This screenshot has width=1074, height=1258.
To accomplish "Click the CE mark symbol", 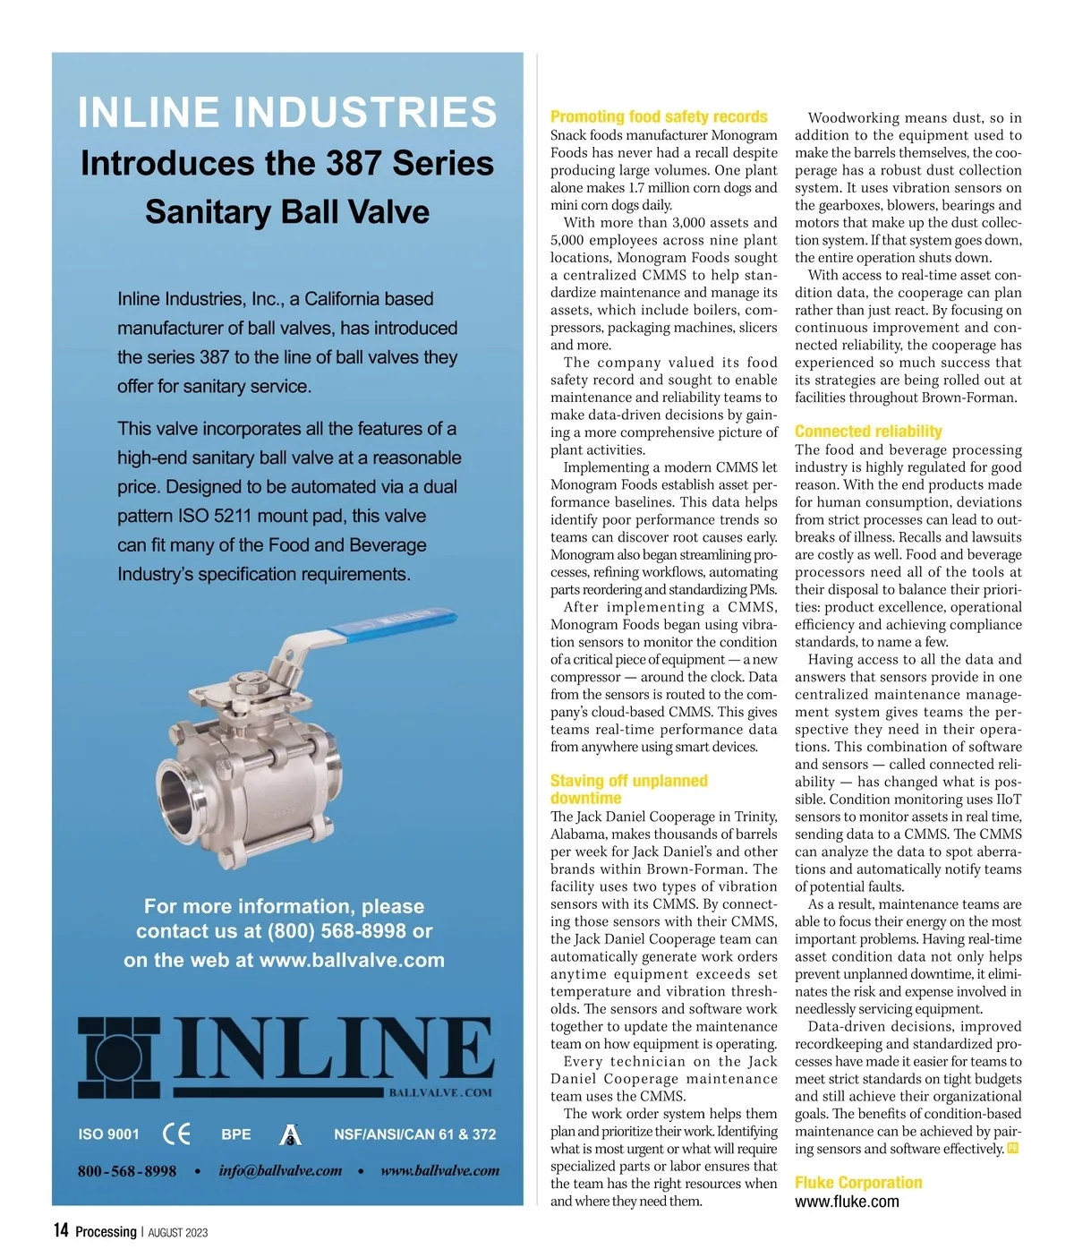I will tap(177, 1134).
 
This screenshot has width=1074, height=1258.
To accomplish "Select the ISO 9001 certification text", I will tap(109, 1134).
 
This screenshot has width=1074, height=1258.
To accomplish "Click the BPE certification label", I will tap(236, 1134).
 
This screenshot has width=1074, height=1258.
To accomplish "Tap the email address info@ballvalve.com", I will tap(280, 1170).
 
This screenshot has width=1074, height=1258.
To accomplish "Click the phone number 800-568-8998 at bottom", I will tap(127, 1171).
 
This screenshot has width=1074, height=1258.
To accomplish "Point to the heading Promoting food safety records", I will tap(659, 116).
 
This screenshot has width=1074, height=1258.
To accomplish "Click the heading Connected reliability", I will tap(868, 432).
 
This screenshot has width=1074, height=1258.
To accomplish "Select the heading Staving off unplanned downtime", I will tap(628, 789).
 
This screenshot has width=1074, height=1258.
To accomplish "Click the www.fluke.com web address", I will tap(847, 1202).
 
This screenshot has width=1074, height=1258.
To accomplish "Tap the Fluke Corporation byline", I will tap(858, 1183).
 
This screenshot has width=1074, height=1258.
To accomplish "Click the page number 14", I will tap(61, 1230).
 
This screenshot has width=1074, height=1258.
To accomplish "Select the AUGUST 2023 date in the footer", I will tap(178, 1232).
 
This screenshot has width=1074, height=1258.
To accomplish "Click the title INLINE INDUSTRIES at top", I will tap(287, 113).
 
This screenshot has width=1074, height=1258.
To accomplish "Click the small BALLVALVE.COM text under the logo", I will tap(440, 1092).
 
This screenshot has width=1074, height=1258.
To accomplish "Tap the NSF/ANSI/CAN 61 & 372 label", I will tap(414, 1134).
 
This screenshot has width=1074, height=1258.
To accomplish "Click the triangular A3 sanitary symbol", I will tap(291, 1135).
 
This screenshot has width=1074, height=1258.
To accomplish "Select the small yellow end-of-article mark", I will tap(1013, 1148).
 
